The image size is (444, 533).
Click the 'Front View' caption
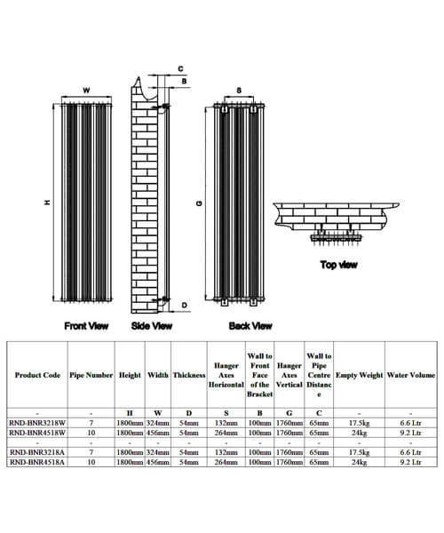coord(86,326)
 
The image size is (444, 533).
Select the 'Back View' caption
coord(250,326)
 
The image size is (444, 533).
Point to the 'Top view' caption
coord(340,264)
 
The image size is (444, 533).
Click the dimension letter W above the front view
coord(86,91)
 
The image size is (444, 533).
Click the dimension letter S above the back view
coord(240,91)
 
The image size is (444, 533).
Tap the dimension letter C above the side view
coord(180,68)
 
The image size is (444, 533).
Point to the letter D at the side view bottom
coord(184,305)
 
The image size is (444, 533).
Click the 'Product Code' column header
coord(37,375)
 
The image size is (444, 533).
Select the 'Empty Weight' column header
coord(359,375)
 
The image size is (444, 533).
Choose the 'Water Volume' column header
coord(410,375)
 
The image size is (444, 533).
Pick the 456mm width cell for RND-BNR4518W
coord(158,434)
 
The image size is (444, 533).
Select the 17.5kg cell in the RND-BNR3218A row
coord(359,452)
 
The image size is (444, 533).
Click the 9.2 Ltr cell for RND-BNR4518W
coord(410,434)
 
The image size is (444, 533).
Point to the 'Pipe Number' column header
coord(91,375)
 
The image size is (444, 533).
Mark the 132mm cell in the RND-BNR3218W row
coord(226,424)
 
